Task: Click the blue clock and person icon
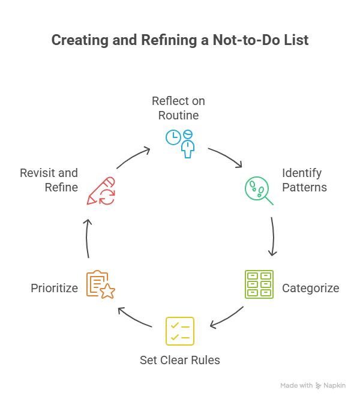pyautogui.click(x=180, y=143)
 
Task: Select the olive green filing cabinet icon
pyautogui.click(x=259, y=284)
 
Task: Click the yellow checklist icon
pyautogui.click(x=180, y=331)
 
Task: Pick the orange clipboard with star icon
pyautogui.click(x=100, y=284)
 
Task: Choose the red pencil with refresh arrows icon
pyautogui.click(x=101, y=191)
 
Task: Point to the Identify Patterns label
pyautogui.click(x=304, y=180)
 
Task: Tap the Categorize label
pyautogui.click(x=310, y=288)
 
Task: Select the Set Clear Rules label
pyautogui.click(x=180, y=360)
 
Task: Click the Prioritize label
pyautogui.click(x=54, y=288)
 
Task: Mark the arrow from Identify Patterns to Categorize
pyautogui.click(x=273, y=236)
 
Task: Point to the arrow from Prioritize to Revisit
pyautogui.click(x=87, y=238)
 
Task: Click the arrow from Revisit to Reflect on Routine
pyautogui.click(x=133, y=157)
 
